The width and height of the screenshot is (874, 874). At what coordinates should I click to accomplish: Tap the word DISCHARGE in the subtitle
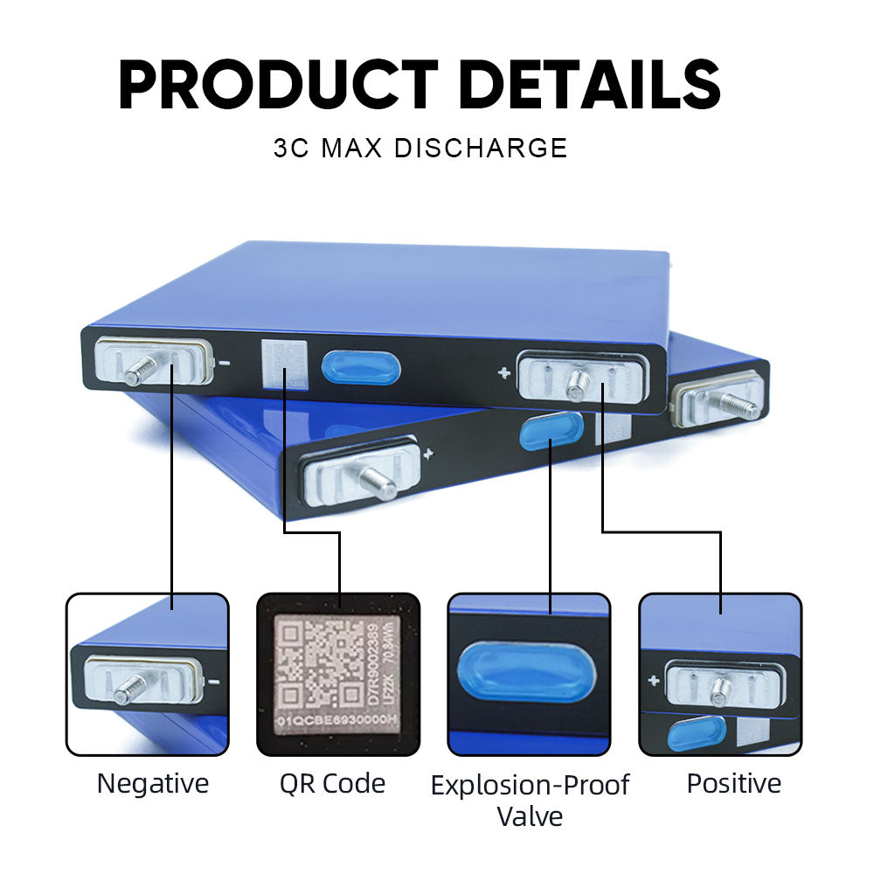[x=480, y=147]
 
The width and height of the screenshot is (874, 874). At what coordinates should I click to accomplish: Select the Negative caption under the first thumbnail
[x=153, y=783]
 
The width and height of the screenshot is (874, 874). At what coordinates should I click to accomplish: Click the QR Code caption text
[x=332, y=783]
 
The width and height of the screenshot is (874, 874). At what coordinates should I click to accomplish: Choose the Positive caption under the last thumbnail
[x=734, y=783]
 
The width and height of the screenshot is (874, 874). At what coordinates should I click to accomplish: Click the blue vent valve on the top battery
[x=361, y=367]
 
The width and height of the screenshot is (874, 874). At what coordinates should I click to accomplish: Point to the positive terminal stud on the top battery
[x=578, y=381]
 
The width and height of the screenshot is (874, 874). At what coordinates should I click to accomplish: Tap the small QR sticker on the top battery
[x=285, y=364]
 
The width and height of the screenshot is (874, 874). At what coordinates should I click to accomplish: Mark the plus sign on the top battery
[x=504, y=373]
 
